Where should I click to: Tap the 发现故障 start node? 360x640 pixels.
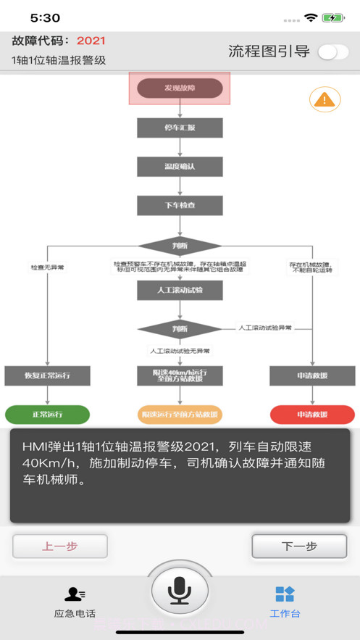point(180,88)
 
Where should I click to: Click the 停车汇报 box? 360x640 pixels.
point(180,128)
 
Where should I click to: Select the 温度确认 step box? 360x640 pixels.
point(180,167)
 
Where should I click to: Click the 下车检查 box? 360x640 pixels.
point(180,206)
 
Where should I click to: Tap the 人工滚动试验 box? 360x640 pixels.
point(180,291)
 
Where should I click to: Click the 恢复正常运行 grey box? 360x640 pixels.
point(47,375)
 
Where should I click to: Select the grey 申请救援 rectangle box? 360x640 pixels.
point(312,375)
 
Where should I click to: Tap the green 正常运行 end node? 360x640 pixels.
point(47,415)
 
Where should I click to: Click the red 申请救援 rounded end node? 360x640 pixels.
point(312,415)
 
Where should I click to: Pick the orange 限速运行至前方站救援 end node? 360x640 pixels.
point(180,415)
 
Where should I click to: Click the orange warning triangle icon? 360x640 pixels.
point(325,99)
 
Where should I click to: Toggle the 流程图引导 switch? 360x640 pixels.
point(332,51)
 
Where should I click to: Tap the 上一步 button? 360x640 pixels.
point(60,546)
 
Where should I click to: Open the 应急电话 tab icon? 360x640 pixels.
point(75,594)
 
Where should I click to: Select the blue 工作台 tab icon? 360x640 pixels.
point(285,594)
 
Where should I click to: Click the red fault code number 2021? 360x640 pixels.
point(91,41)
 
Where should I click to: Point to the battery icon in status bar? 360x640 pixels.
point(333,17)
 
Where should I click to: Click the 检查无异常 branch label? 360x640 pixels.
point(47,267)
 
